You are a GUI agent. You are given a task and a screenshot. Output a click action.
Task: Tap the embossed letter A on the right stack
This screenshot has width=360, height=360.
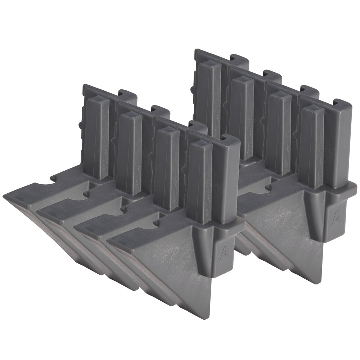(336, 218)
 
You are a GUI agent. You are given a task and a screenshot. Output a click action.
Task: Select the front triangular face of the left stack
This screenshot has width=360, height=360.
(173, 259)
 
